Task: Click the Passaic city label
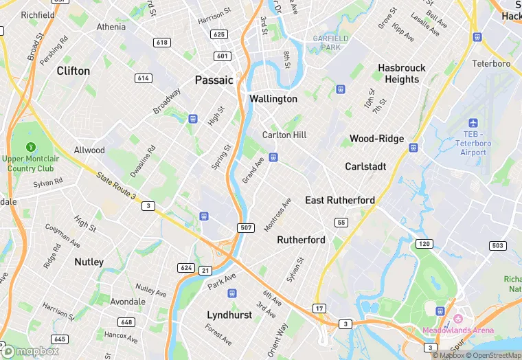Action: [x=214, y=80]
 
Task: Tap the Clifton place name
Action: [x=73, y=71]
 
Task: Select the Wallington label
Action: [x=273, y=99]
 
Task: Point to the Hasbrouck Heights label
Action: [x=402, y=74]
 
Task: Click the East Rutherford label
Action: [x=340, y=200]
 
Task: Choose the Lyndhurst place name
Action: [x=229, y=315]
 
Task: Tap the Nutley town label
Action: [x=89, y=262]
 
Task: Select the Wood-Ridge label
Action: [x=376, y=138]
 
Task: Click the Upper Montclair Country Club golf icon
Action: [x=30, y=147]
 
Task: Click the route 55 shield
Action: [x=341, y=222]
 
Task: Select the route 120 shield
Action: [x=424, y=244]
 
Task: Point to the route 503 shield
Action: [x=497, y=245]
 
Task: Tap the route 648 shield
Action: [x=126, y=322]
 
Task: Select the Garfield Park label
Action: [x=331, y=43]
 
